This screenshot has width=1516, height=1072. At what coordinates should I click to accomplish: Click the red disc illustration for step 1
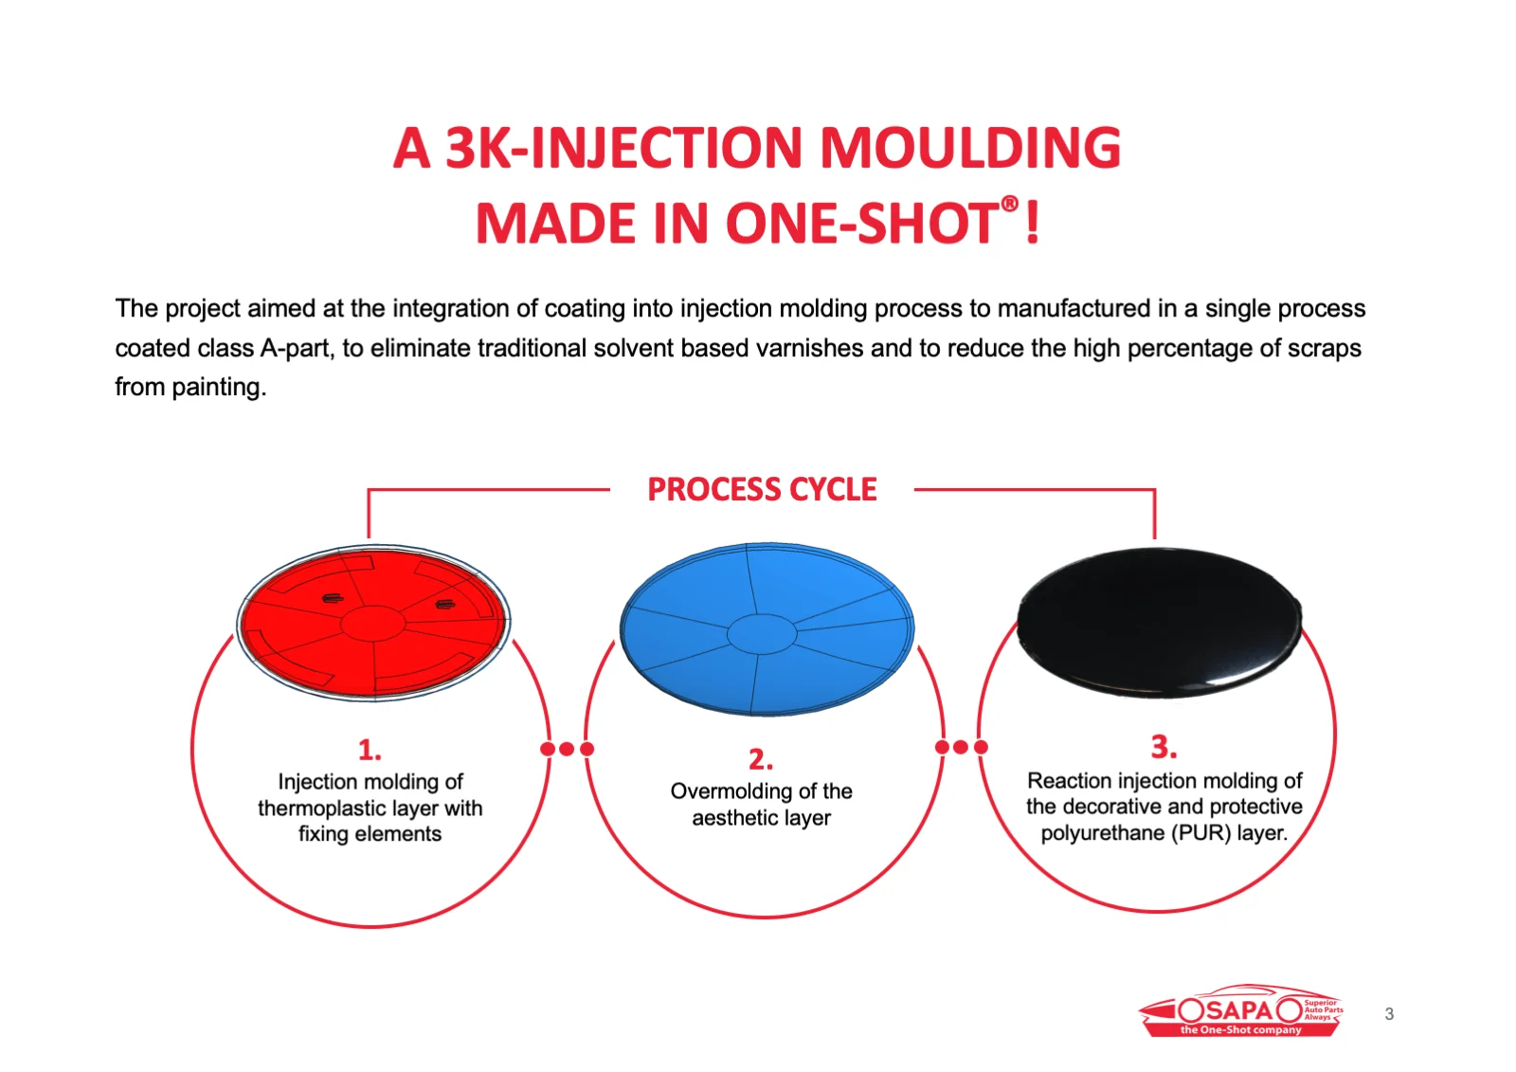373,623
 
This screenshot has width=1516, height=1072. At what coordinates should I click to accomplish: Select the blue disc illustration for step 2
767,629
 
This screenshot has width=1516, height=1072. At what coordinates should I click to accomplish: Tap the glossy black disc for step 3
1159,623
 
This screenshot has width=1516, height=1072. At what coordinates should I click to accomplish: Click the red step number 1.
370,750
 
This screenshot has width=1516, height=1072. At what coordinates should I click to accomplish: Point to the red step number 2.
761,759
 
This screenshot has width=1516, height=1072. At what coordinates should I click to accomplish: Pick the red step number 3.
1164,746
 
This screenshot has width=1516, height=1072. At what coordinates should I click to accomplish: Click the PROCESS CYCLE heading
762,489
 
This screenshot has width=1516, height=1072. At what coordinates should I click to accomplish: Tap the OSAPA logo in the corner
1240,1009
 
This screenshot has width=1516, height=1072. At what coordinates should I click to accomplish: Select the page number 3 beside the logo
1389,1014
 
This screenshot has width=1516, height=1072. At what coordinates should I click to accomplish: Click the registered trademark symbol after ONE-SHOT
1009,203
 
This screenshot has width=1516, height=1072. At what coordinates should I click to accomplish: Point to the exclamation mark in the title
1032,222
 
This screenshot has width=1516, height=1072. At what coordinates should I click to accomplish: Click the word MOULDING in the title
970,147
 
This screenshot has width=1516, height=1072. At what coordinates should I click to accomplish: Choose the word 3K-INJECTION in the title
623,147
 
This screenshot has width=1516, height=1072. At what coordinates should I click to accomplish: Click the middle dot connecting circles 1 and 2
568,748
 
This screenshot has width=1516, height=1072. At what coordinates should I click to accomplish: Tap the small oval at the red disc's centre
373,623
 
